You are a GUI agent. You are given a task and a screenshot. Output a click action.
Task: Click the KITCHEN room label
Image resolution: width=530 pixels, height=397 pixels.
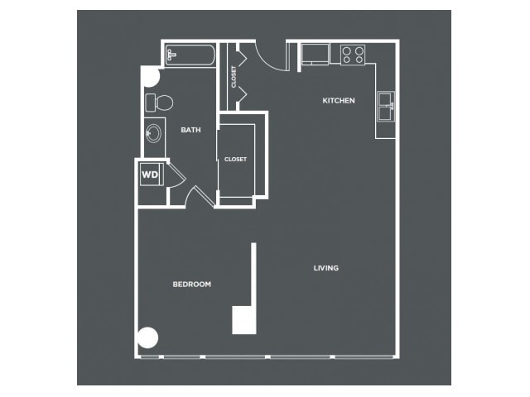[x=339, y=100]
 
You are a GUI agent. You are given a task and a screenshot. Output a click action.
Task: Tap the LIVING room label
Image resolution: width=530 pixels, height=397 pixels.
[x=325, y=268]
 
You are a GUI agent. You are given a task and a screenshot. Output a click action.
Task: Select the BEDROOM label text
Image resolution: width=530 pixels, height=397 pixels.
[x=191, y=285]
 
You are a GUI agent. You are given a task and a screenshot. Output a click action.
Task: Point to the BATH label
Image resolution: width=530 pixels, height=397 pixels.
[x=190, y=130]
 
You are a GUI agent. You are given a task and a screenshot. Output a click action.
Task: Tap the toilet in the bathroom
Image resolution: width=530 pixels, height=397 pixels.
[x=159, y=103]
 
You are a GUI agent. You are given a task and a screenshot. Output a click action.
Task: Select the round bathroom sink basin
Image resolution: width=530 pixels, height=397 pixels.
[x=154, y=133]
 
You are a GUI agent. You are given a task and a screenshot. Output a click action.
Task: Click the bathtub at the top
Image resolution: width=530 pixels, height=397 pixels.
[x=190, y=55]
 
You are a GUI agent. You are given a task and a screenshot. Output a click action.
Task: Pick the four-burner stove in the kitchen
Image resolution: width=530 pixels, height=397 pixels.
[x=353, y=55]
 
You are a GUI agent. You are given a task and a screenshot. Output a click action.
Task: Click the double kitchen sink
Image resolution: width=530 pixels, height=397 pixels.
[x=386, y=107]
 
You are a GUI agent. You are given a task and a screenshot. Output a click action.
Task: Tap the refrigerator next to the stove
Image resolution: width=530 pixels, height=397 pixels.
[x=315, y=54]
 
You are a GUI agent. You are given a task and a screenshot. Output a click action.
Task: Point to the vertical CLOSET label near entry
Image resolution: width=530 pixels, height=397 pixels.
[x=234, y=77]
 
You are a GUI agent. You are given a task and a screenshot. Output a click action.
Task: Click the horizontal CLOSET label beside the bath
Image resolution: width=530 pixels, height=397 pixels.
[x=235, y=159]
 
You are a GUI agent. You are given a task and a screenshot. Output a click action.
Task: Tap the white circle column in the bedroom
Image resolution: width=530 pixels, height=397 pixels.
[x=147, y=337]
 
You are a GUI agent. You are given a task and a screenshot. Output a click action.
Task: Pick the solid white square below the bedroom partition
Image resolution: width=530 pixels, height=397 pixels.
[x=243, y=320]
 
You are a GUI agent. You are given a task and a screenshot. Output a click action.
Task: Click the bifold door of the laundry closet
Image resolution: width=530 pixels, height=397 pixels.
[x=176, y=175]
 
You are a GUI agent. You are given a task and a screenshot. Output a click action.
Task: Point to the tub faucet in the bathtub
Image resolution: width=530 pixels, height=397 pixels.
[x=171, y=55]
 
